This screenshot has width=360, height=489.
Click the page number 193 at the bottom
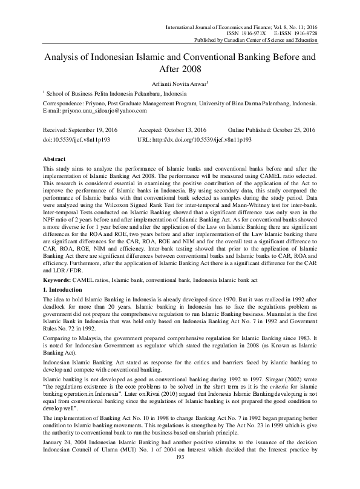[x=179, y=473]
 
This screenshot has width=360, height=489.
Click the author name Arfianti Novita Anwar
[x=178, y=83]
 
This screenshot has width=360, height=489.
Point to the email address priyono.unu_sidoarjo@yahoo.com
[x=103, y=111]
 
